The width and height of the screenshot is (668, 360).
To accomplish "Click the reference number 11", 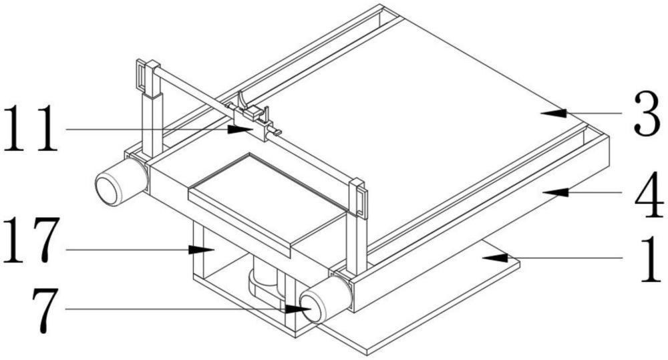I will [33, 128].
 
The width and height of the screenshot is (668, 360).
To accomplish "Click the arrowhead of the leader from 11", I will [244, 128].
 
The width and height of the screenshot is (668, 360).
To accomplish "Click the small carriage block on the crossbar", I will [253, 124].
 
